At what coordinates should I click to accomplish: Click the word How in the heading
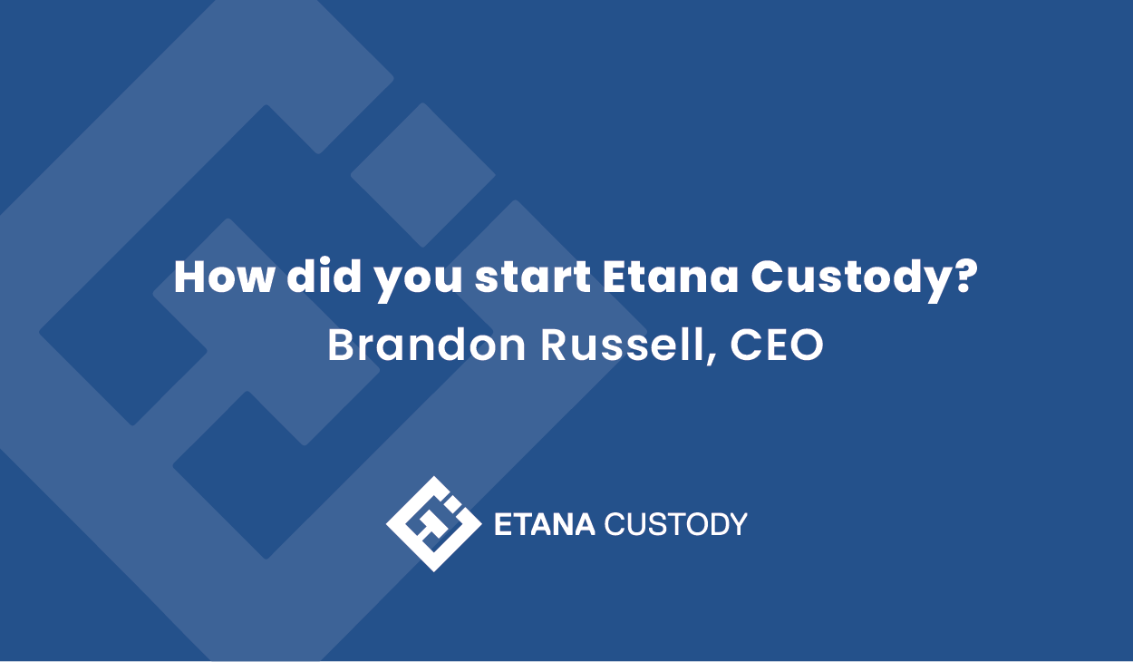(x=224, y=277)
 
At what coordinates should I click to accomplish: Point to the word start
(x=532, y=277)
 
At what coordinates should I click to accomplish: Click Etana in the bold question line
(x=670, y=277)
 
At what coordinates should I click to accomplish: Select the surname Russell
(x=623, y=345)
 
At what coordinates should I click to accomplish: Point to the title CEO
(x=777, y=345)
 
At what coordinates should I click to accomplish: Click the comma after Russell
(x=712, y=359)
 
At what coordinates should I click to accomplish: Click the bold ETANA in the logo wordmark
(x=544, y=524)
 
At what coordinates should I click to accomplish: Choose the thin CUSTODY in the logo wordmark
(x=675, y=524)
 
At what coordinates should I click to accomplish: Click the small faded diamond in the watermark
(x=423, y=175)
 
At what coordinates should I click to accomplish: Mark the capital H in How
(x=190, y=277)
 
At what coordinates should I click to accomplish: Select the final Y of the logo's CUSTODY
(x=738, y=524)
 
